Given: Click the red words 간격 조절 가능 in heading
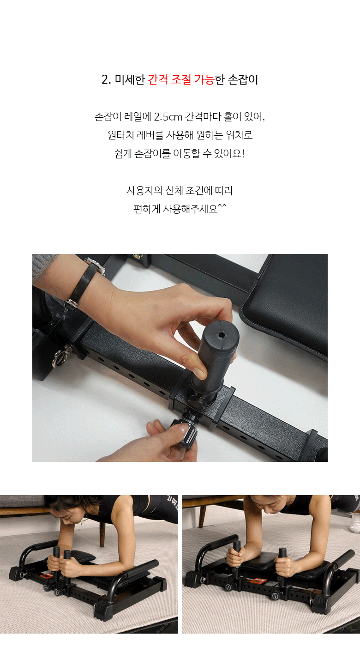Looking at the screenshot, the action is (x=181, y=79).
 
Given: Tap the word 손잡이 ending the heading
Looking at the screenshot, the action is (x=243, y=79).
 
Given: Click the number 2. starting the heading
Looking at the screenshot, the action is (x=106, y=80).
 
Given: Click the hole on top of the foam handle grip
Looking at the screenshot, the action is (x=222, y=335).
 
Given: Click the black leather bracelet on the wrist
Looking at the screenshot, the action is (x=82, y=284).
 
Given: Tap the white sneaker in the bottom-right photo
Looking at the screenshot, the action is (x=355, y=523).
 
